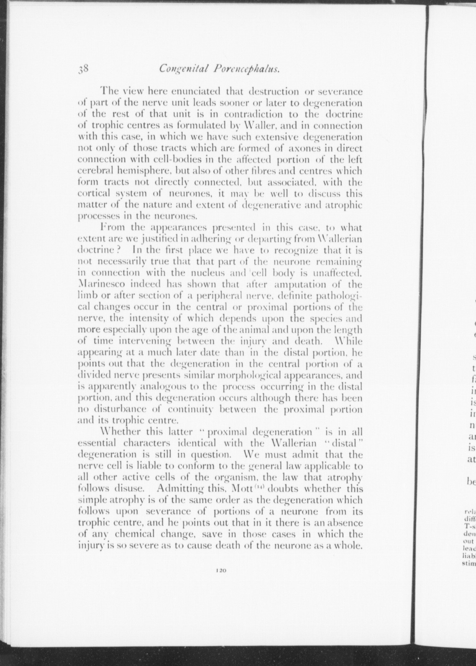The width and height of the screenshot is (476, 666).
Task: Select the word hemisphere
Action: coord(128,171)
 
